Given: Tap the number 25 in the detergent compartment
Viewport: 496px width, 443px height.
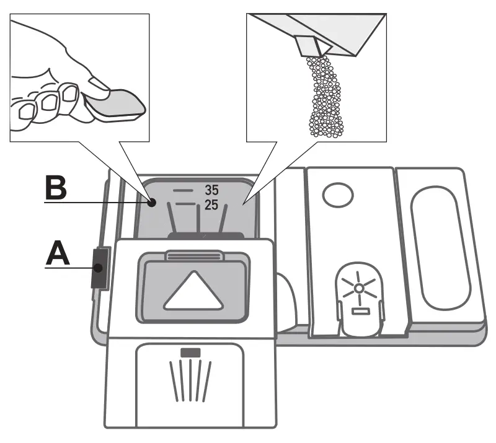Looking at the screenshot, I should click(211, 205).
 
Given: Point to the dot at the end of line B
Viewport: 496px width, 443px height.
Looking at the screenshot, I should click(151, 201).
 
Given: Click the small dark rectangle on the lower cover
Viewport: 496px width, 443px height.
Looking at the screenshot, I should click(191, 353).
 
